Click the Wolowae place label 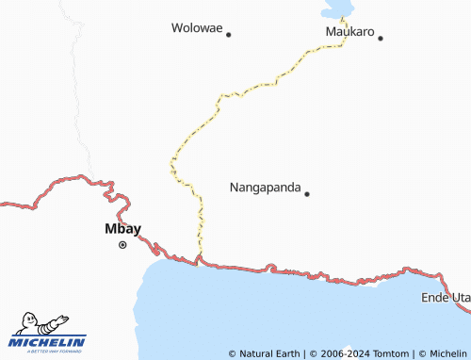point(197,28)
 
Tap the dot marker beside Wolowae point(228,34)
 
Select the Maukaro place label point(349,32)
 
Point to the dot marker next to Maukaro point(381,38)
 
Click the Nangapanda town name point(265,188)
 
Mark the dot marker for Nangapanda point(306,193)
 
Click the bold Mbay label point(122,228)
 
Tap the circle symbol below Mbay point(122,245)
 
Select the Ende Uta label point(446,298)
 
